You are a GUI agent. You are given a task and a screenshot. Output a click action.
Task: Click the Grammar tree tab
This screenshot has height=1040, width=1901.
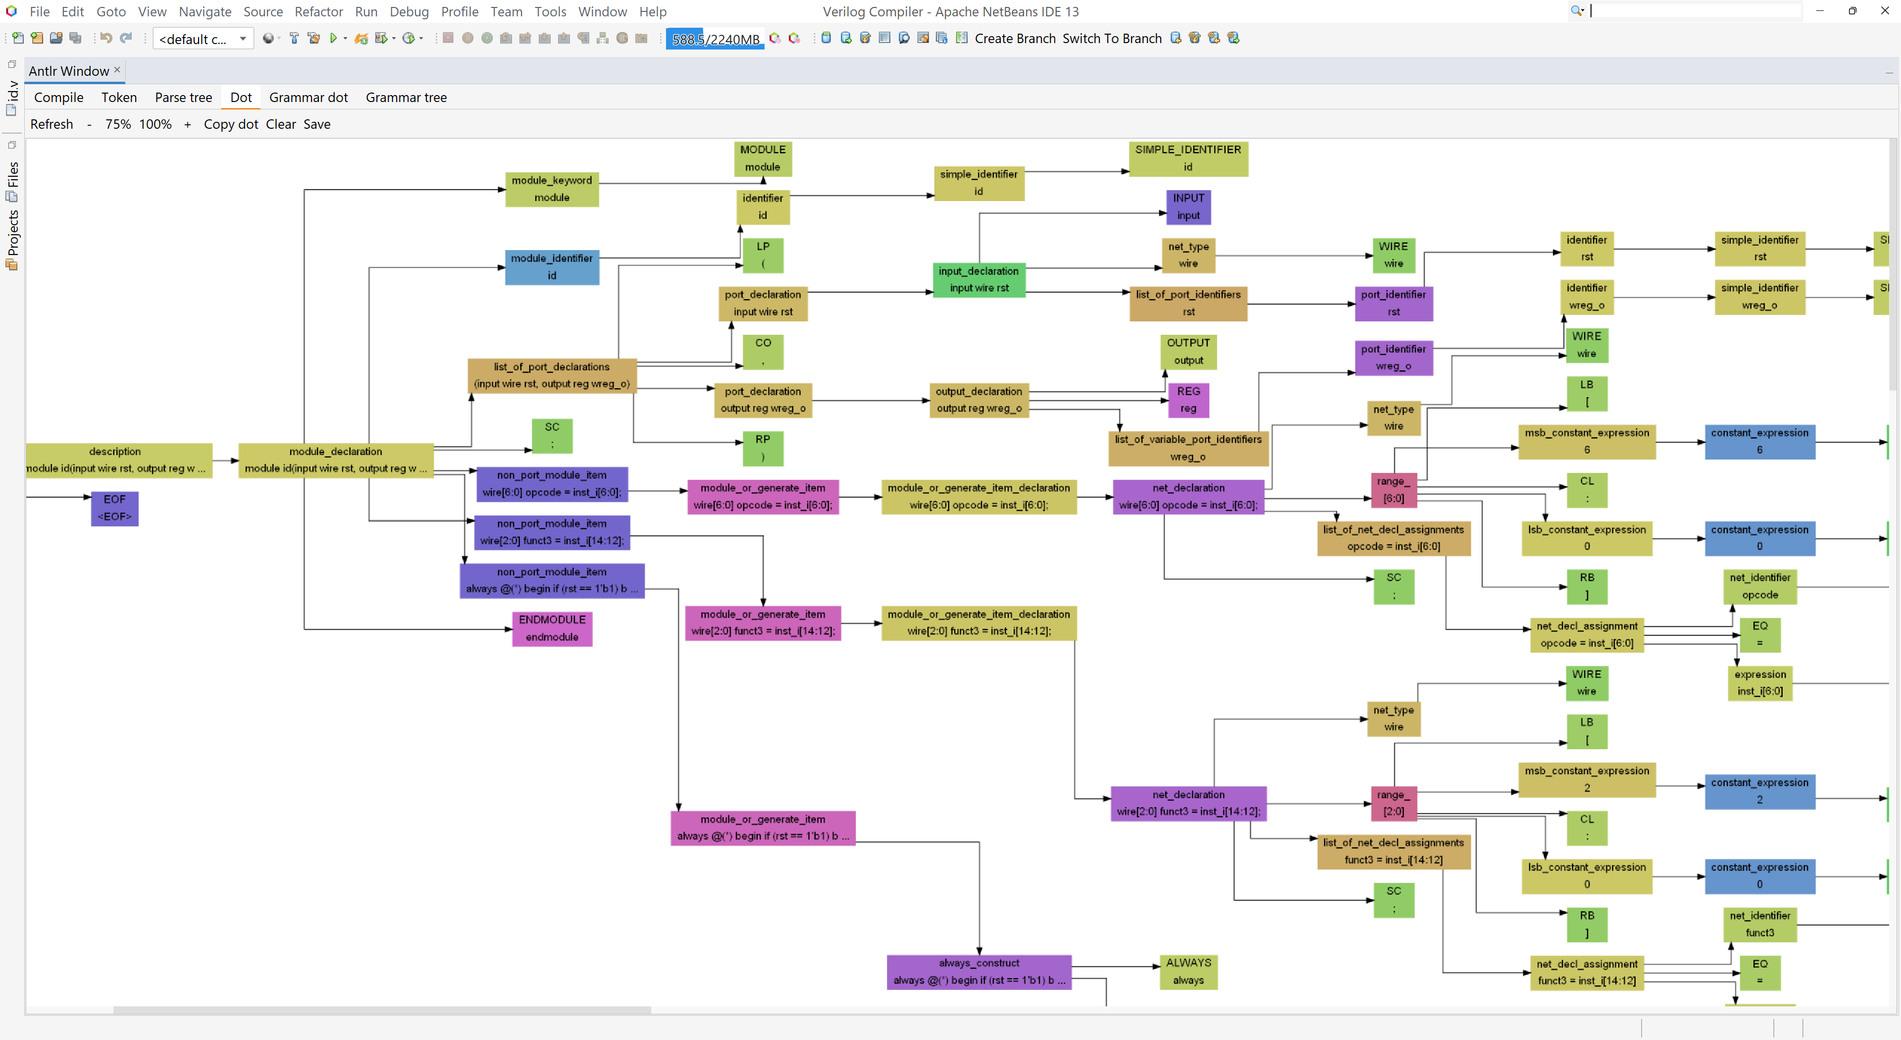[406, 98]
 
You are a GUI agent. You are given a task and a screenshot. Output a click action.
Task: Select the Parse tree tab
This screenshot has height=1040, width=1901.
[183, 98]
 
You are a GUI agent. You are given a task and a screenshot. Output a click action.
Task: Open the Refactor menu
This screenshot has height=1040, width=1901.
[319, 12]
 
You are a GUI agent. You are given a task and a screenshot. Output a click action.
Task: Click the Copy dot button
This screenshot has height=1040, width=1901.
[231, 124]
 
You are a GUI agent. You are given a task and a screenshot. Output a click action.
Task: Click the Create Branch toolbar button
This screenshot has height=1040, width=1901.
[1015, 39]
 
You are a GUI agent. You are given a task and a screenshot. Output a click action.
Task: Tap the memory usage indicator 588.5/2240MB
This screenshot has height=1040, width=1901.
[715, 39]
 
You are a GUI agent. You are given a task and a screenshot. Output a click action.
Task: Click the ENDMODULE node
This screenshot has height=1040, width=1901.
[552, 628]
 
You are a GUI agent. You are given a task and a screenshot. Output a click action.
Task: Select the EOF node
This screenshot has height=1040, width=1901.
[114, 508]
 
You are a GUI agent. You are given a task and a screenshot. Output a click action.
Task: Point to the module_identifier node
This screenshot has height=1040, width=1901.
[552, 266]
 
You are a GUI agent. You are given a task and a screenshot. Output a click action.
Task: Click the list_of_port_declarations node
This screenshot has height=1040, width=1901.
[552, 375]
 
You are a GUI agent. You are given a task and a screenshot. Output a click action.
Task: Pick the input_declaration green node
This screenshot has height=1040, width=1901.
[979, 280]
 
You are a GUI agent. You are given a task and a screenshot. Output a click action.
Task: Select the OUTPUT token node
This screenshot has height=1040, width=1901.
[1188, 351]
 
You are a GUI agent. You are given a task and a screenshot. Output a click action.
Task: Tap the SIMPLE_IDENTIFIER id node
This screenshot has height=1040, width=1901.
[1188, 158]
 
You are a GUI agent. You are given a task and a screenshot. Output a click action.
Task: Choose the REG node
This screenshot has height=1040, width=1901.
[1188, 399]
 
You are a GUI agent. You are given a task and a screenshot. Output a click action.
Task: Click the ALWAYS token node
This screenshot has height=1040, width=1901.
[1188, 971]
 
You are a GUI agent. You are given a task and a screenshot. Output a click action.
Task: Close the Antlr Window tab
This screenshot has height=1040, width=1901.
[116, 69]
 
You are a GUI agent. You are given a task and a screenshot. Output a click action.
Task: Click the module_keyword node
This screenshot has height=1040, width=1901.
[552, 189]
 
